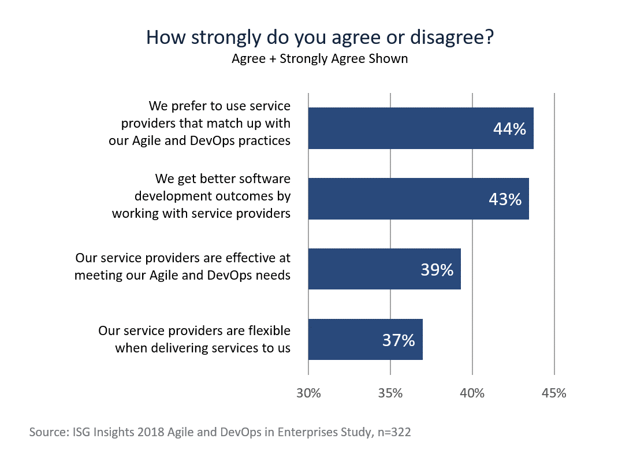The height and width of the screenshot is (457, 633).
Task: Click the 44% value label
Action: [509, 129]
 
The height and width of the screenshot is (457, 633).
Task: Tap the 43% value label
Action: [505, 199]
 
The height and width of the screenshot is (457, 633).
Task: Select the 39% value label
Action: [437, 269]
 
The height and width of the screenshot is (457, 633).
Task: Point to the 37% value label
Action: [399, 340]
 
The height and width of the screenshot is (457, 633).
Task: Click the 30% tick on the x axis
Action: [308, 393]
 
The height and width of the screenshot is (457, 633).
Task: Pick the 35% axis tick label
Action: [390, 393]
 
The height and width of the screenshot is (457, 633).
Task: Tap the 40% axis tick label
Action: [472, 393]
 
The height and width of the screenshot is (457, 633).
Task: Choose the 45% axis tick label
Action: [554, 393]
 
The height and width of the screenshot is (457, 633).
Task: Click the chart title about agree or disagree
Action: [319, 37]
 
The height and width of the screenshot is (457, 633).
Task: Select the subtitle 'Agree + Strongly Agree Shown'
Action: [319, 59]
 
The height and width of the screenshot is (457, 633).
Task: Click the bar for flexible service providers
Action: [365, 339]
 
